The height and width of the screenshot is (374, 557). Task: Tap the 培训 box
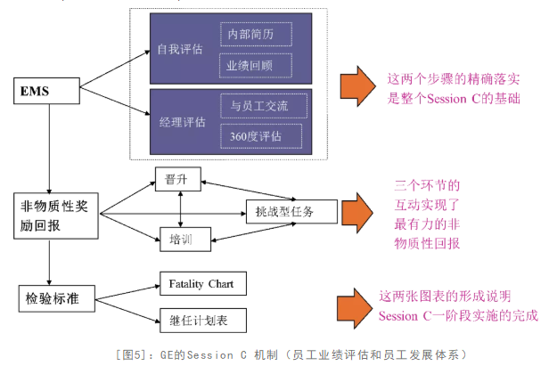[x=181, y=239]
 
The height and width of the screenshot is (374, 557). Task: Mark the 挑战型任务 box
[x=291, y=210]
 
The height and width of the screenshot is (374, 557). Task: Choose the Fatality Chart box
[x=201, y=284]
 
